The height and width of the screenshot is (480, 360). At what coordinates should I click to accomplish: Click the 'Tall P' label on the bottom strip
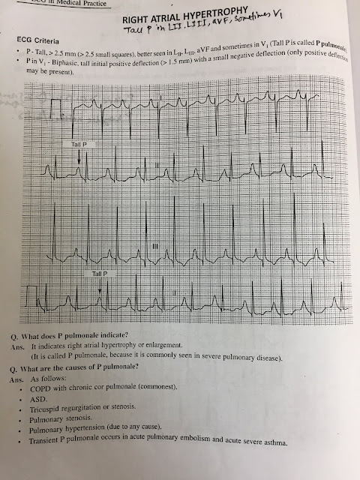[x=100, y=274]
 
